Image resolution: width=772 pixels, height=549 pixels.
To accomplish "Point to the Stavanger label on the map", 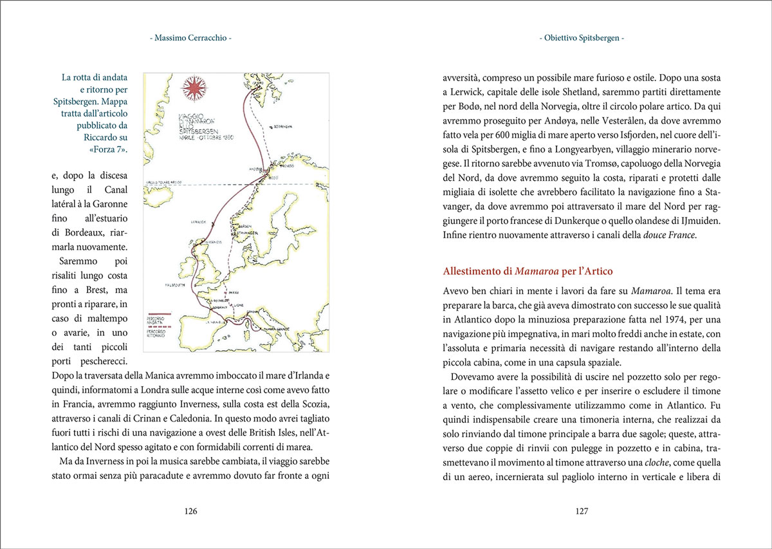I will click(246, 232).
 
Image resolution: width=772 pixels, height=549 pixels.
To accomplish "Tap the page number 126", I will click(190, 512).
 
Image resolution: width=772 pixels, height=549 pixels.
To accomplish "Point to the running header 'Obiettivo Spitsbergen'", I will click(582, 39).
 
